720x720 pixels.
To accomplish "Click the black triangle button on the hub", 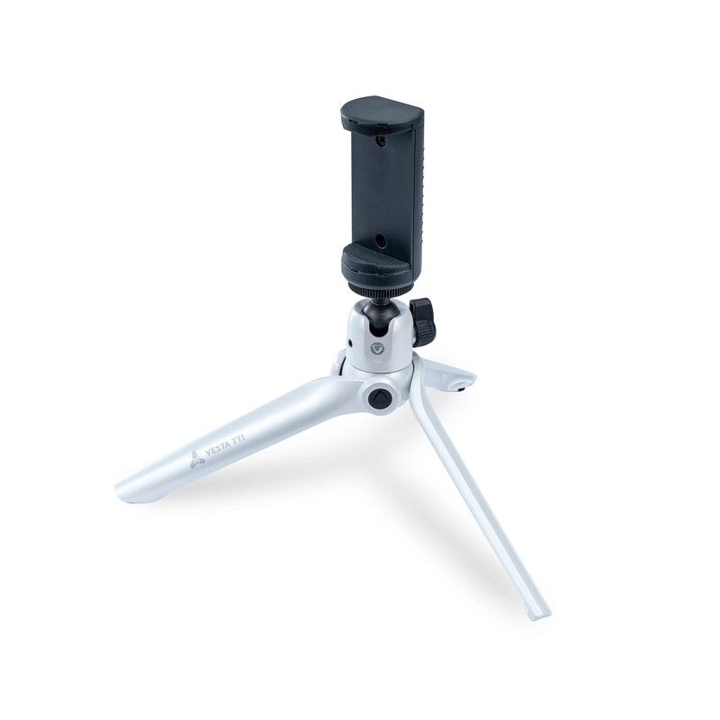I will click(x=379, y=397).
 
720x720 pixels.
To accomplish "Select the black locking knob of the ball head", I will click(x=422, y=322).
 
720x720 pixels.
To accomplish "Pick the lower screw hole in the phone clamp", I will click(x=380, y=241).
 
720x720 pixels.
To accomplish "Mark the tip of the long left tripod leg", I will click(x=126, y=490).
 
